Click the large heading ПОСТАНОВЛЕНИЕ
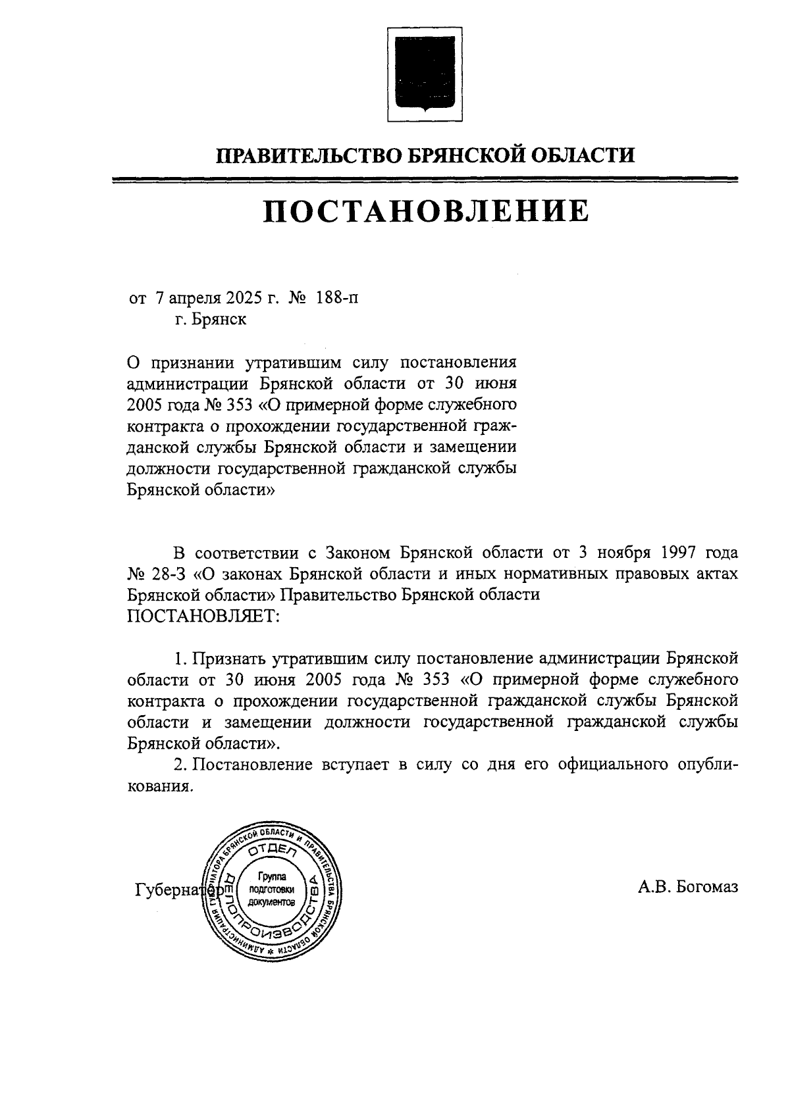pos(426,212)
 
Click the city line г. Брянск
pos(210,320)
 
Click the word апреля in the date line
pos(194,299)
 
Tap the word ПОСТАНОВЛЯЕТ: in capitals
pos(203,616)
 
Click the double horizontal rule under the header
pos(425,180)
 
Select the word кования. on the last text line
pos(160,787)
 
